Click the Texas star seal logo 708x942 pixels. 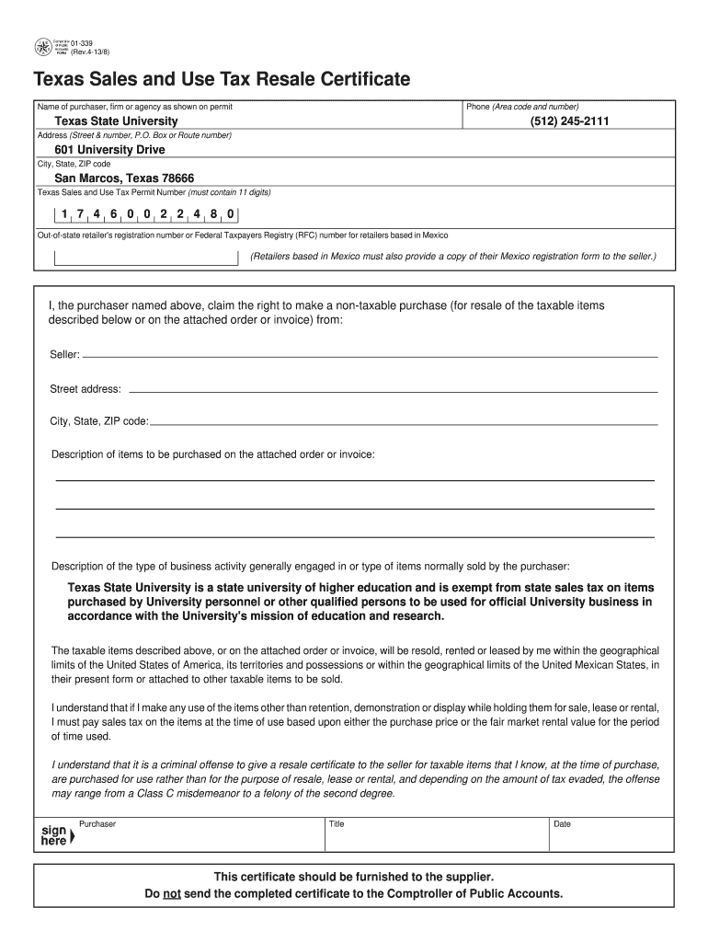point(43,48)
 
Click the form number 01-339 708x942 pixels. point(83,43)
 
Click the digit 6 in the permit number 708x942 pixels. point(113,214)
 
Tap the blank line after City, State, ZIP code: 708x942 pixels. point(404,423)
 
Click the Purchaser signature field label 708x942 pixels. point(97,824)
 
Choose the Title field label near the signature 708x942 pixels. point(337,824)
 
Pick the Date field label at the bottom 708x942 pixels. point(562,824)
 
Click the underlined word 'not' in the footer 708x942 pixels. point(171,893)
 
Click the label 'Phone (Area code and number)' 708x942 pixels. point(522,108)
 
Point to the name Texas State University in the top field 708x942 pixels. point(116,121)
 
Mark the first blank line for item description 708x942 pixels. point(355,479)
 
